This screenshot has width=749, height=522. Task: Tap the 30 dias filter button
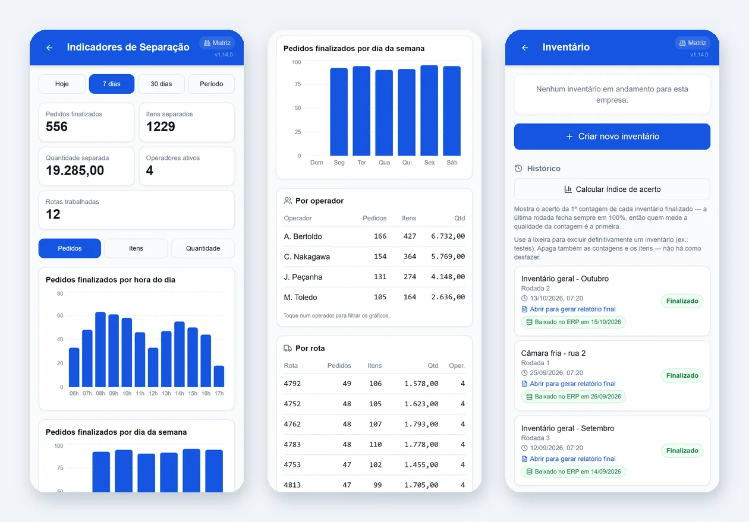[161, 84]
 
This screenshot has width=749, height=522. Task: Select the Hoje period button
[62, 84]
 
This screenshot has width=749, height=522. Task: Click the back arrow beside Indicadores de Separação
[49, 48]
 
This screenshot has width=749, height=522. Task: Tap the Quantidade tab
[203, 248]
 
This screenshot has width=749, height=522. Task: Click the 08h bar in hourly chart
[100, 349]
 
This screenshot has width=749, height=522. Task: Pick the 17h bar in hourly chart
[219, 377]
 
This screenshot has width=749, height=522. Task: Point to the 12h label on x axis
[153, 393]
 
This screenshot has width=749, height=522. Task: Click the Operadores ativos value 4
[149, 170]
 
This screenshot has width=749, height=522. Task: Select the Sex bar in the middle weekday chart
[429, 110]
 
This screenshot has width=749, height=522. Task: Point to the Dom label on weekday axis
[316, 162]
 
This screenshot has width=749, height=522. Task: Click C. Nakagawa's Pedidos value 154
[380, 257]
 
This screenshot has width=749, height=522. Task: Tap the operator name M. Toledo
[300, 298]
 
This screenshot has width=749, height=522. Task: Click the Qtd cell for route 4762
[421, 424]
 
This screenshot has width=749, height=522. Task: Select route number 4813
[292, 485]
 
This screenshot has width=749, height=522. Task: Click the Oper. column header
[457, 366]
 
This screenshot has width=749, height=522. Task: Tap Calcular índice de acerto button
[612, 189]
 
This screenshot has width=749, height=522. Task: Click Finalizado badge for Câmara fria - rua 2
[682, 375]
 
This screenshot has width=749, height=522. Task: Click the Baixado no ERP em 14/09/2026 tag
[574, 472]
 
